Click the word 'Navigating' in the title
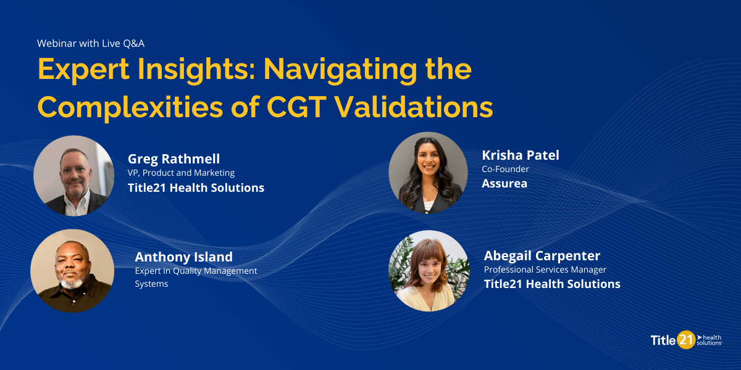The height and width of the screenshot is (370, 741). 333,70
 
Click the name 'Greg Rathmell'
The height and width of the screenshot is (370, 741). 174,158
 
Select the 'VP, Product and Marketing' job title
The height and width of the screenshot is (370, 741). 181,173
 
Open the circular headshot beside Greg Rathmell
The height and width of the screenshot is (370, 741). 73,176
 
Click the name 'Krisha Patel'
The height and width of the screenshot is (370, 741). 521,155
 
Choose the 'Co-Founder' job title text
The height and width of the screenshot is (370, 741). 505,169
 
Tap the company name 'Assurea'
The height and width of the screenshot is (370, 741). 504,183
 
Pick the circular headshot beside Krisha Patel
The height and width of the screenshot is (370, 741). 428,172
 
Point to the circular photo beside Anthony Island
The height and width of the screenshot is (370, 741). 72,271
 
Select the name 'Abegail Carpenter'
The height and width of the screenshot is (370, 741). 542,255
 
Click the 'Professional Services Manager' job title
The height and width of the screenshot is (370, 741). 545,269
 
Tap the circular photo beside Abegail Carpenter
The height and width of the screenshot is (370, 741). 429,271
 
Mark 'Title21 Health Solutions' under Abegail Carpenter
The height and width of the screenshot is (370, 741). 552,284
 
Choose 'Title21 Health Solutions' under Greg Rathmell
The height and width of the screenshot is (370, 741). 196,188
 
